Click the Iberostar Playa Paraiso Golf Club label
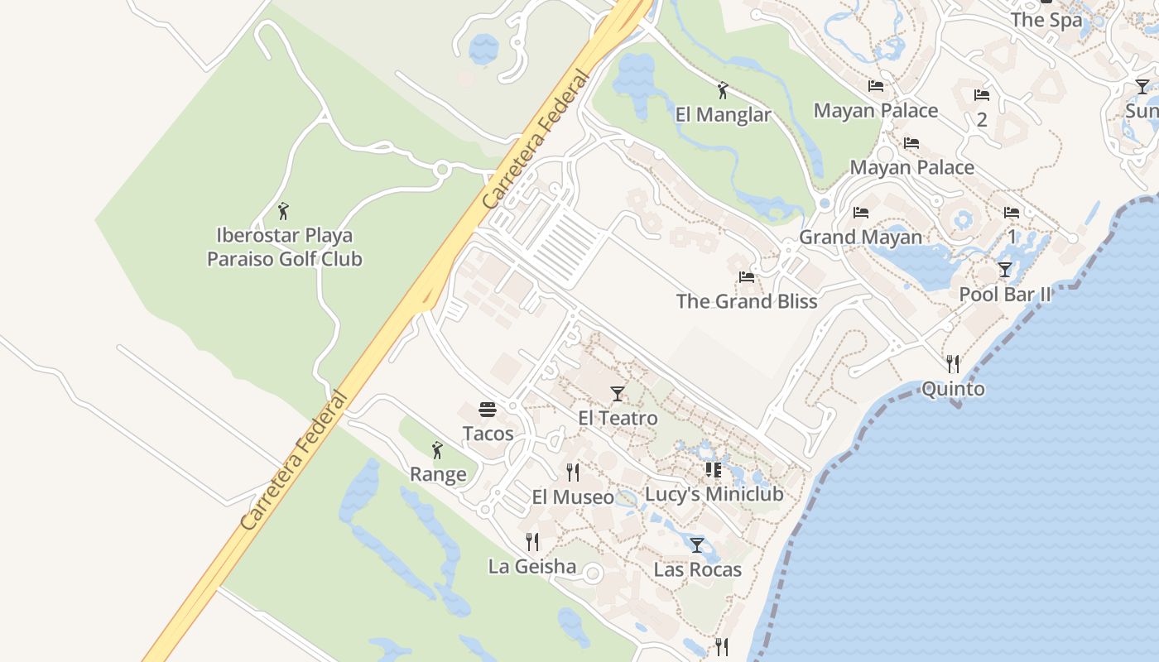point(284,247)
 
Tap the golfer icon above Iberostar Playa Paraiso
point(283,211)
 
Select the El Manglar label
point(723,115)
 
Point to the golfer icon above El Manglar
point(723,90)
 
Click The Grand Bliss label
point(747,301)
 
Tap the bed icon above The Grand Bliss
point(747,277)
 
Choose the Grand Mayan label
point(860,237)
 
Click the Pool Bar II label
point(1004,295)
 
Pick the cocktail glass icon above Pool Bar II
point(1004,270)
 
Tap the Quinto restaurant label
point(953,389)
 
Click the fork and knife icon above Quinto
point(953,363)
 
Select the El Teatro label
point(618,419)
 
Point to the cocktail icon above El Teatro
point(617,394)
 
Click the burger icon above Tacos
point(488,410)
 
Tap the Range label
point(438,475)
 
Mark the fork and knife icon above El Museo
point(573,473)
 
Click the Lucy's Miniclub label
point(714,495)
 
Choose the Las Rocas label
point(697,570)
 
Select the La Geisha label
point(532,567)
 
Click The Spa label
point(1046,20)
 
